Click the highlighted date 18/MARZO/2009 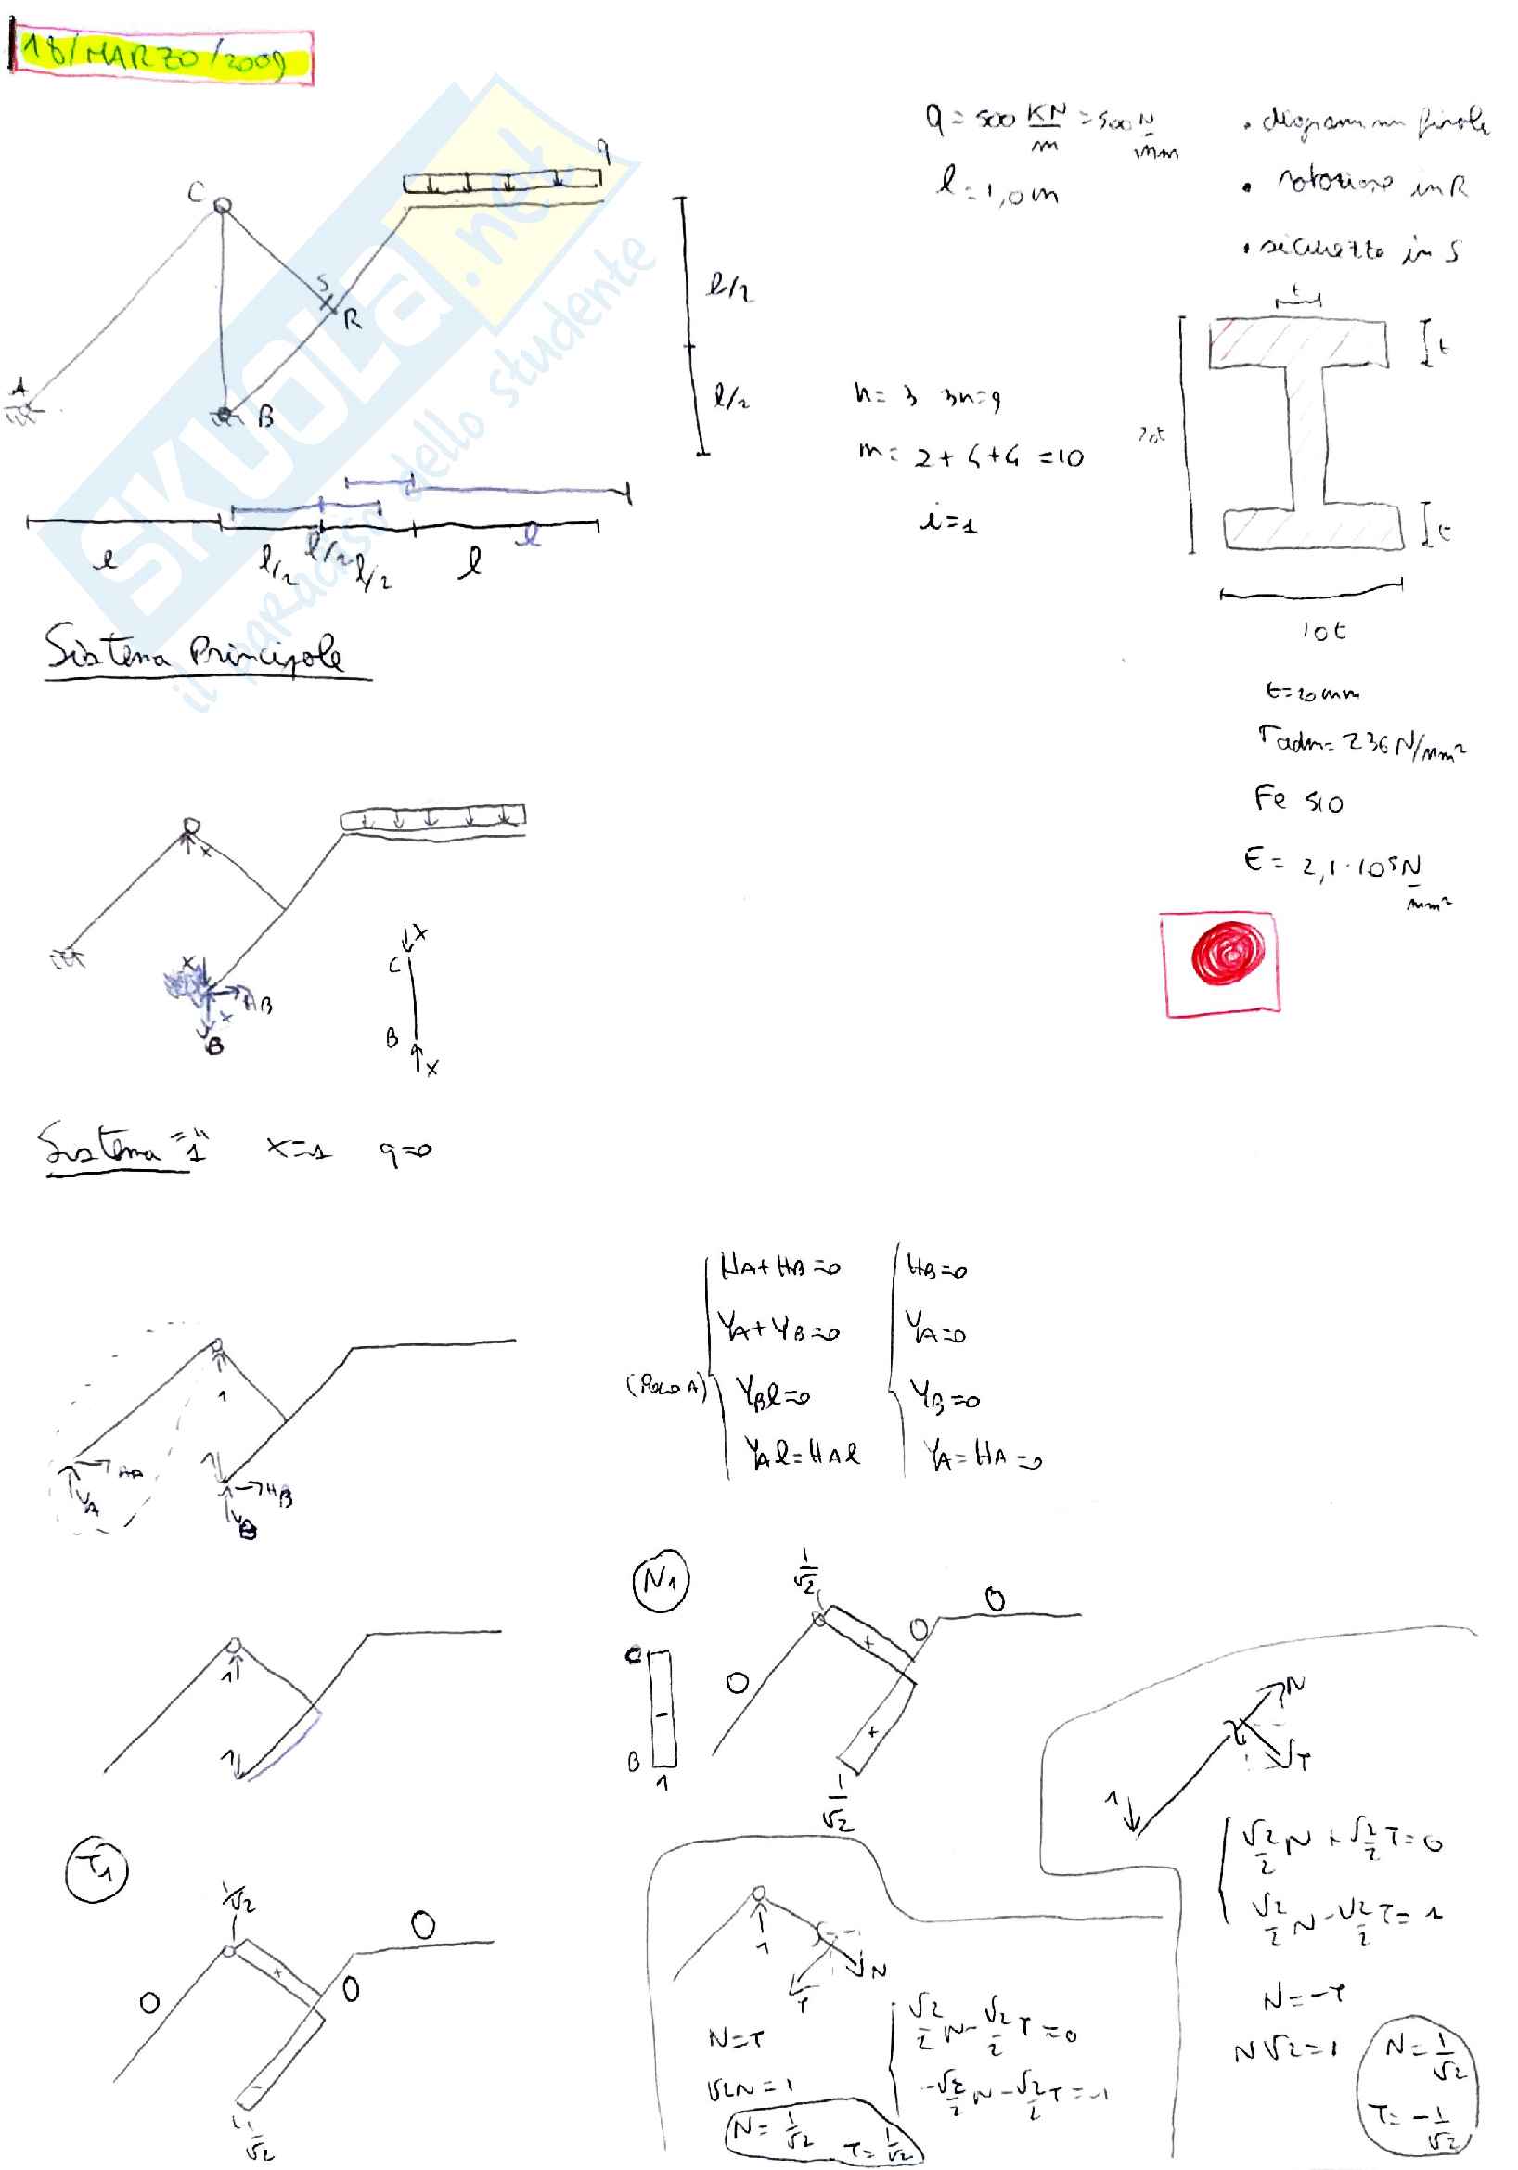pos(161,57)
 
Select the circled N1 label pos(660,1579)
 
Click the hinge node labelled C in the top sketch pos(222,205)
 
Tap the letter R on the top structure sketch pos(353,319)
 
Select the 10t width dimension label pos(1323,630)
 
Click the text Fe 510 pos(1298,801)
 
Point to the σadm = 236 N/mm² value pos(1361,741)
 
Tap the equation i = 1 pos(948,520)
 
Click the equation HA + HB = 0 pos(778,1266)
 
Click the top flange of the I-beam pos(1298,344)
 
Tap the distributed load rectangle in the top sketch pos(502,181)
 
